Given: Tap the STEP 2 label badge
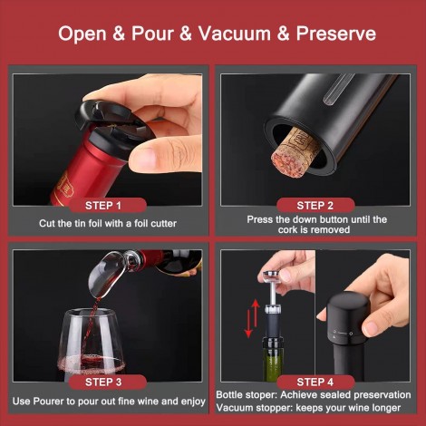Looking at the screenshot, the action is [315, 206].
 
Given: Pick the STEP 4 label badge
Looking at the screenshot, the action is [315, 382].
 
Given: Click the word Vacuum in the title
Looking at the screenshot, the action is [235, 33].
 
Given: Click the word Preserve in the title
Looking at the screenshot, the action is [336, 34].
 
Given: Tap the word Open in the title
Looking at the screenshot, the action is [82, 34].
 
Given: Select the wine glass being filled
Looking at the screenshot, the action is [92, 344].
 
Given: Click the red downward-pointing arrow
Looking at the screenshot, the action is [248, 324].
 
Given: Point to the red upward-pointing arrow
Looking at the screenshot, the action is [256, 313].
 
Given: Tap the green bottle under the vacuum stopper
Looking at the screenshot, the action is [273, 360].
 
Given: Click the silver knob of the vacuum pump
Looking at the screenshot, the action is [272, 275].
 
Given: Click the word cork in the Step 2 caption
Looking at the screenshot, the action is [290, 229].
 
